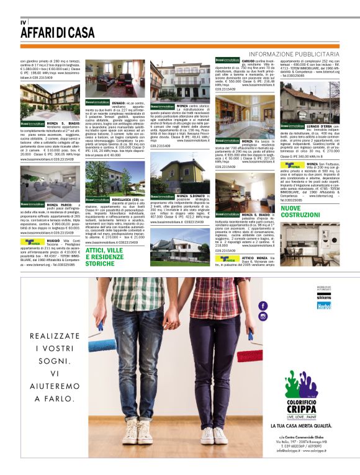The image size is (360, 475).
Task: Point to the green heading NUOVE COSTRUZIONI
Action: [x=300, y=212]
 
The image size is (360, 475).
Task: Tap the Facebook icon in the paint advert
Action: [x=263, y=306]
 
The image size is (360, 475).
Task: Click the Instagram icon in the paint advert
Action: [x=263, y=316]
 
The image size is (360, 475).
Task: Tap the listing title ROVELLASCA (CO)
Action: [x=119, y=200]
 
